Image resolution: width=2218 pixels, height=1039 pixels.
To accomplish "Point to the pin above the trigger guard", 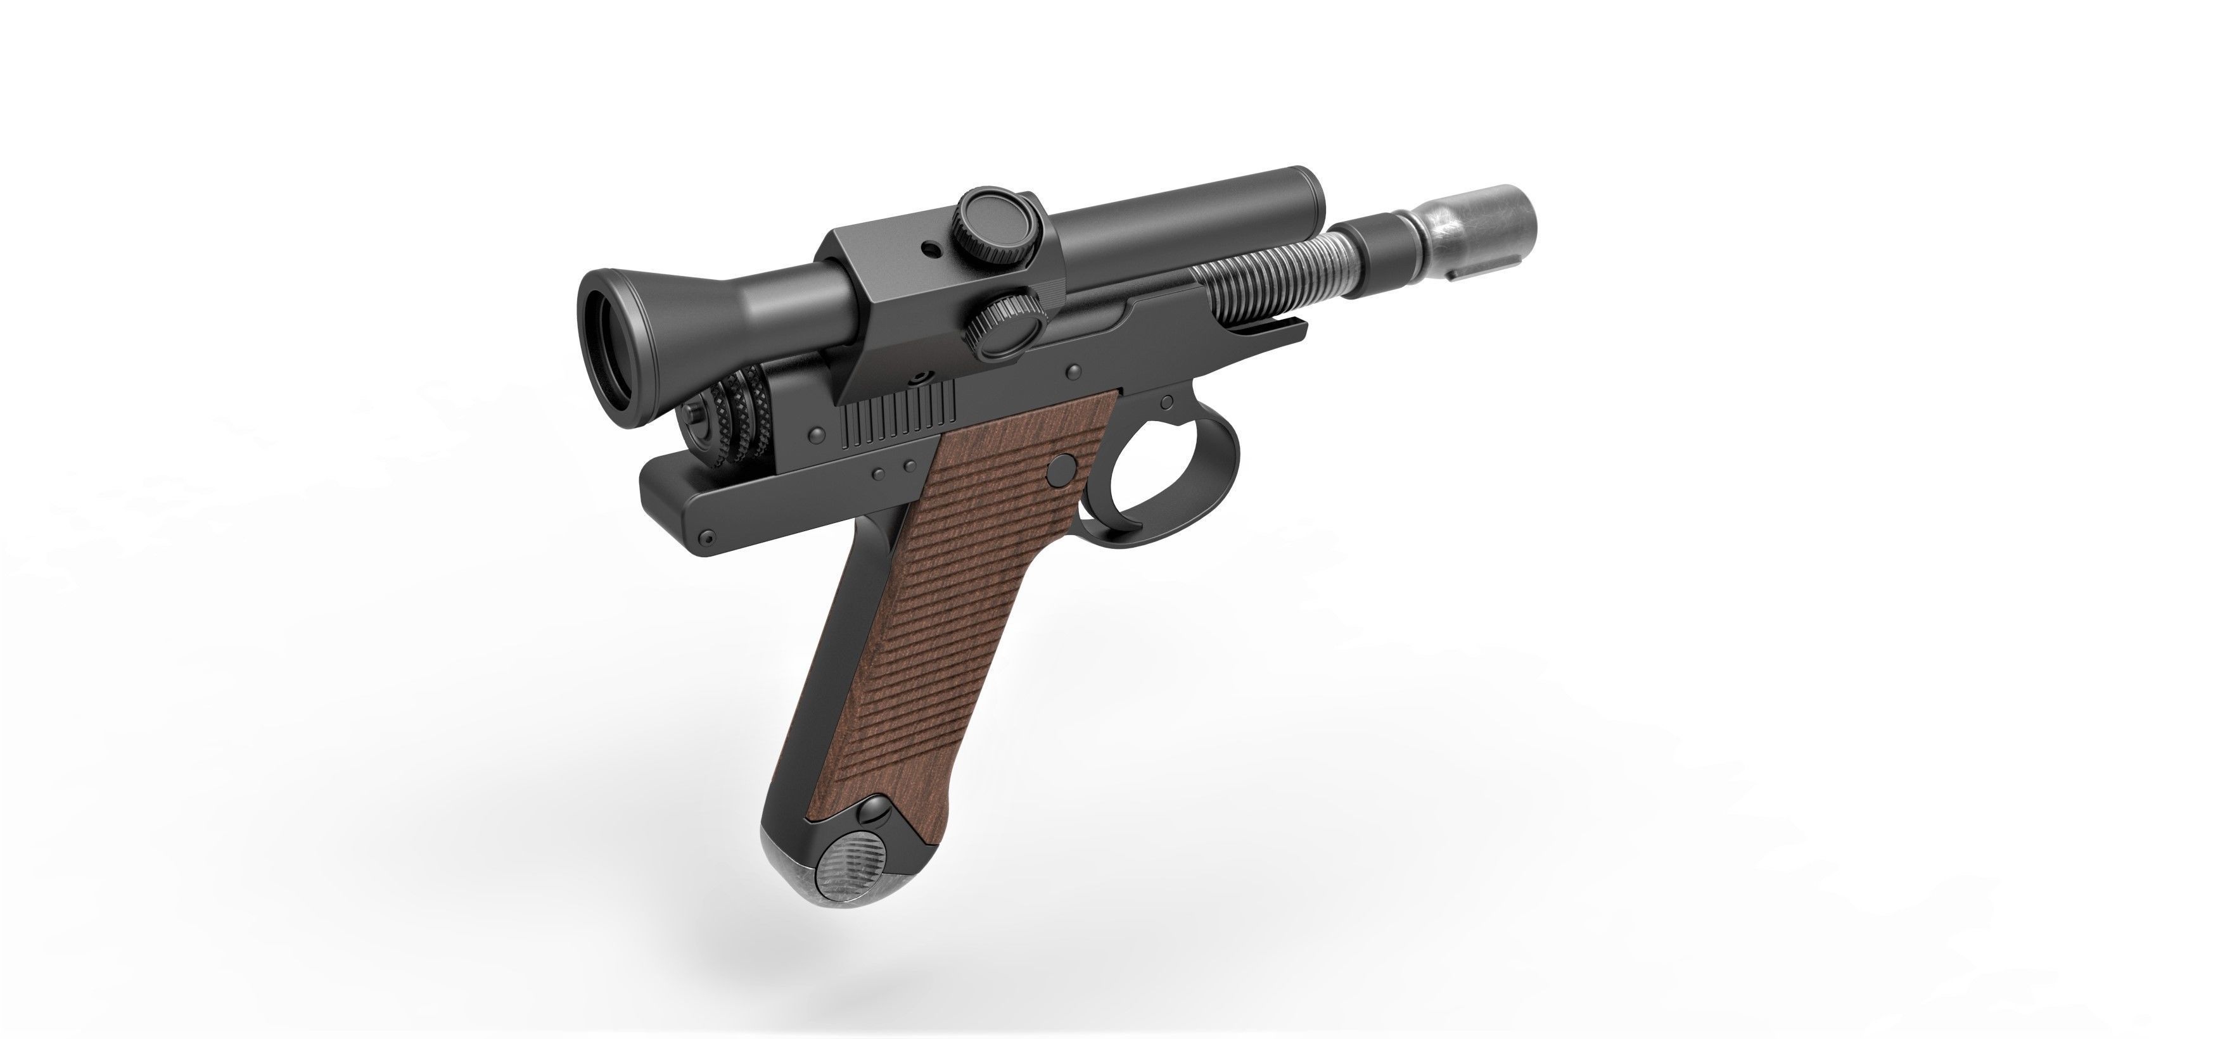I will point(1167,402).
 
